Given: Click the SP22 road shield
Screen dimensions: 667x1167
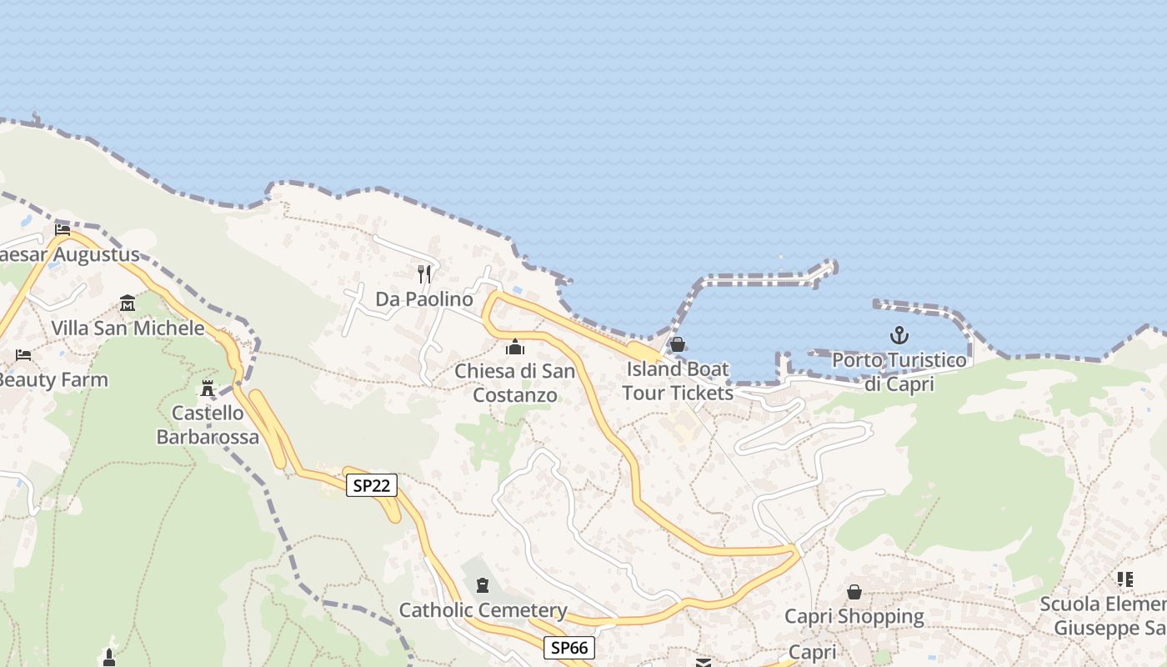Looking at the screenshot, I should tap(371, 485).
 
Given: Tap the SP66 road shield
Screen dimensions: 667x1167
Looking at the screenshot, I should tap(569, 647).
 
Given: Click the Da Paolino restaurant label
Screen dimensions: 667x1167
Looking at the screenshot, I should tap(424, 298).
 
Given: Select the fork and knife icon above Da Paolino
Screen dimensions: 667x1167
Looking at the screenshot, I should tap(424, 273).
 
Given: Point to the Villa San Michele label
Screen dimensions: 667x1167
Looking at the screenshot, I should tap(128, 328).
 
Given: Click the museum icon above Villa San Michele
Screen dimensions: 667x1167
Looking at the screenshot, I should tap(128, 303).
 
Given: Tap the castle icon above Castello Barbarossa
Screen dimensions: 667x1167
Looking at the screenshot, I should tap(208, 388).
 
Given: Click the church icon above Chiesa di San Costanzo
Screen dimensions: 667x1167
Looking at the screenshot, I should tap(515, 346).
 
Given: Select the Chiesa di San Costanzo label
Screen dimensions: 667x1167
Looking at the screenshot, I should tap(515, 382).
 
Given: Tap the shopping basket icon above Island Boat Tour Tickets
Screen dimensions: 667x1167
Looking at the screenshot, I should tap(678, 344).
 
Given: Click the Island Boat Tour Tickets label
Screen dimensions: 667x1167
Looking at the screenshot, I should tap(678, 380).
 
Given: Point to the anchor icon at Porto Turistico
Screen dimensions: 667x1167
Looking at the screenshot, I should tap(899, 335).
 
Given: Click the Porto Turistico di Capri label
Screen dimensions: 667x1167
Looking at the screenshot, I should tap(899, 372).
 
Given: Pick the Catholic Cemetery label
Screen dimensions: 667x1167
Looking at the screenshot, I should tap(483, 610).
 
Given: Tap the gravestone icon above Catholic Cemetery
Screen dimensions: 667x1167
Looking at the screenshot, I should tap(483, 585).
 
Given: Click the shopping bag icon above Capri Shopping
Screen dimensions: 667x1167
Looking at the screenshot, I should tap(854, 592).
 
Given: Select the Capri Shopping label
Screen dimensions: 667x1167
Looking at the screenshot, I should tap(854, 617).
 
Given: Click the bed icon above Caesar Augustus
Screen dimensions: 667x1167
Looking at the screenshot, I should tap(63, 229).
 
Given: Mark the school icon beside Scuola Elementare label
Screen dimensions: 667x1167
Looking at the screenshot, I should tap(1125, 579).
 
